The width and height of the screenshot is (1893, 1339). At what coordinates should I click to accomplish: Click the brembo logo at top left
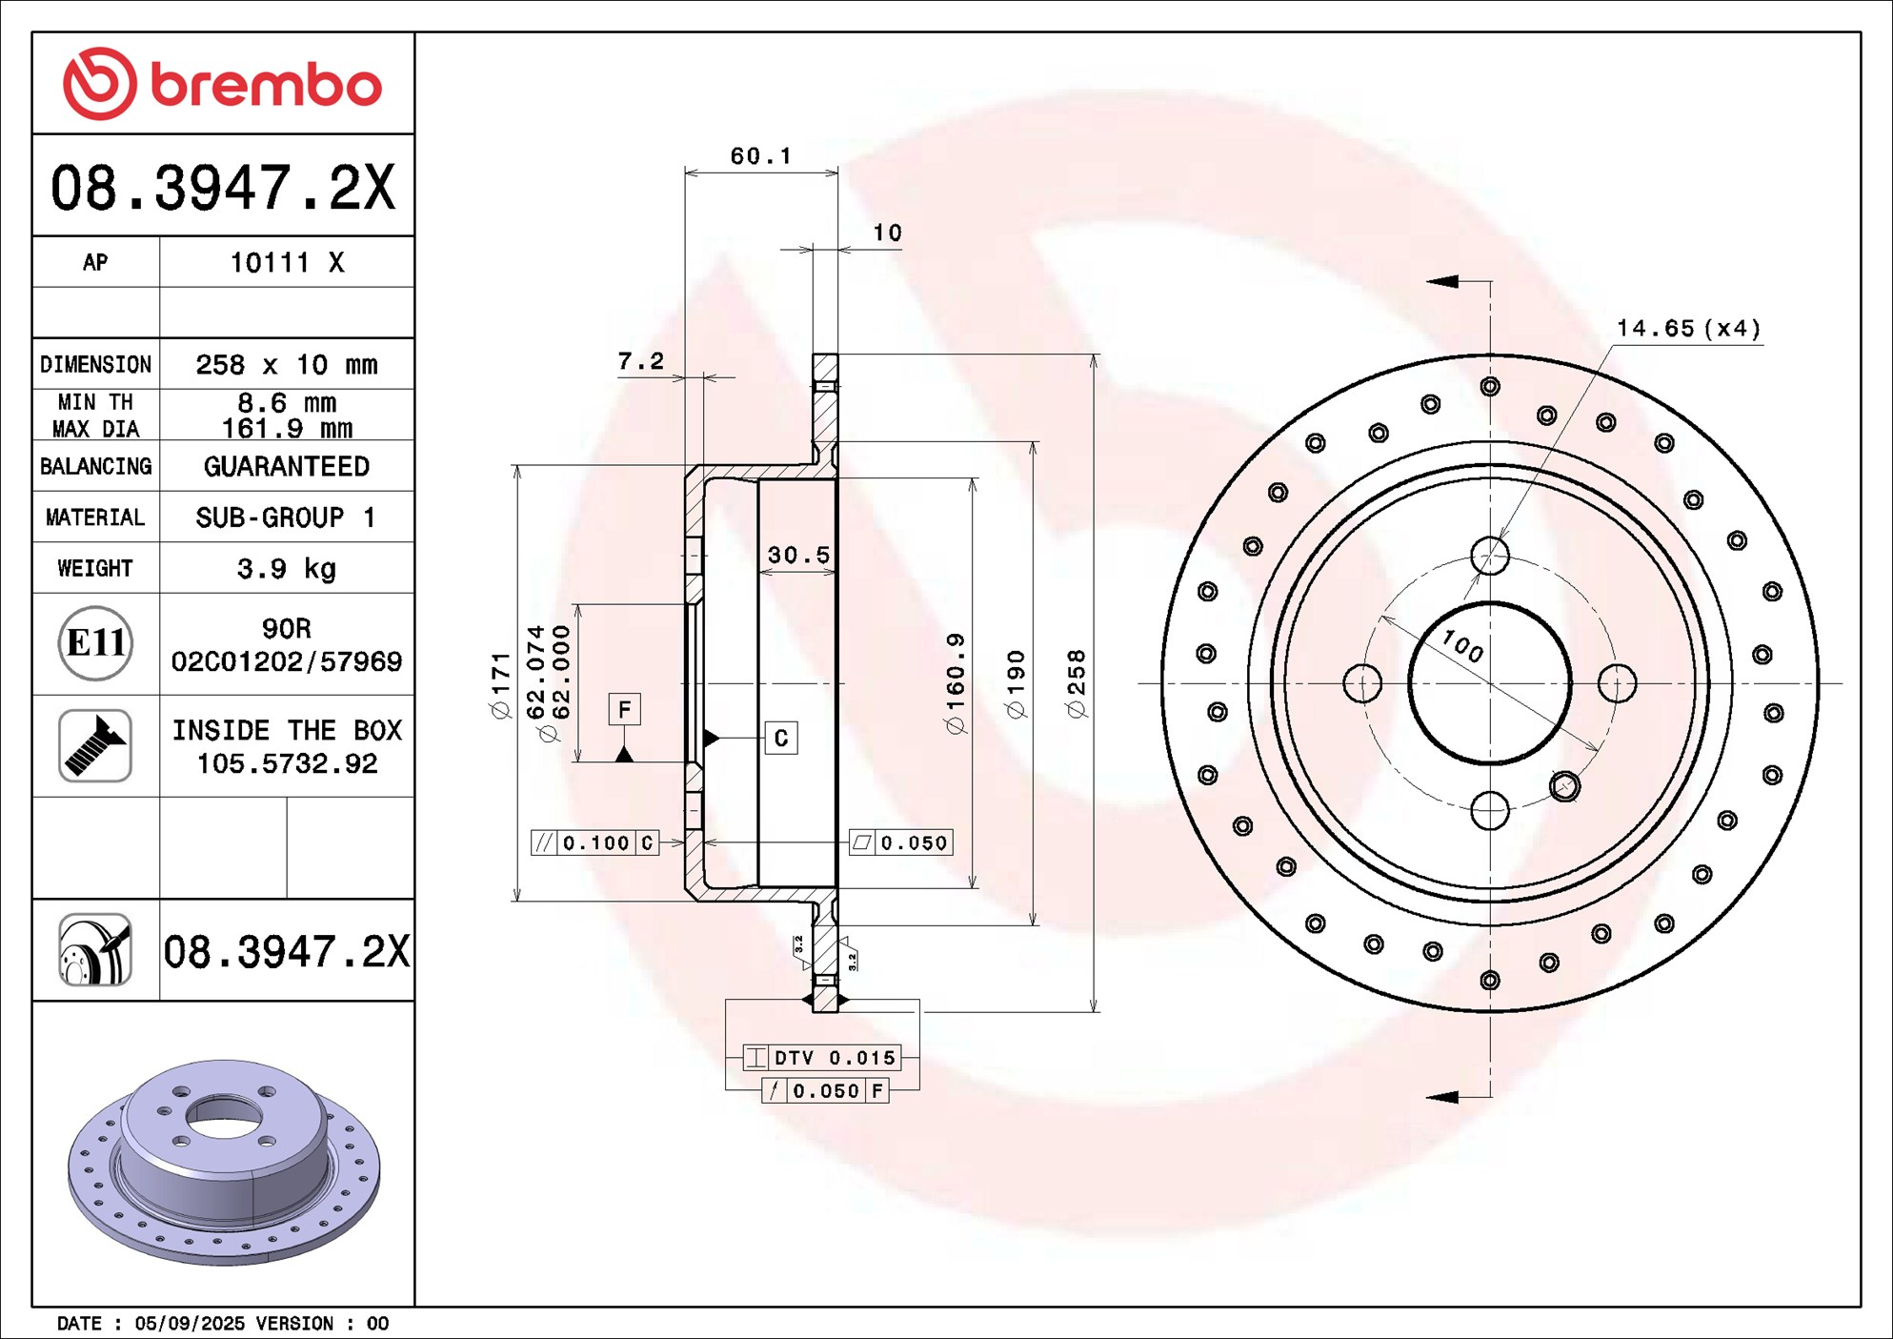point(222,84)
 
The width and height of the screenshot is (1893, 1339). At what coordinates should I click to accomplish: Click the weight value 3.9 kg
point(286,569)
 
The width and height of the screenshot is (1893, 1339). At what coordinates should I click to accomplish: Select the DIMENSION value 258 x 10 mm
point(286,365)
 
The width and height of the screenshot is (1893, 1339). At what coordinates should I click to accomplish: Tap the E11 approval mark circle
point(95,643)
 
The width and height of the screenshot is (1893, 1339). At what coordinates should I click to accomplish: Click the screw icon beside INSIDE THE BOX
point(95,745)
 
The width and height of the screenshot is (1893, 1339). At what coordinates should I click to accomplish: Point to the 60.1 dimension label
point(760,155)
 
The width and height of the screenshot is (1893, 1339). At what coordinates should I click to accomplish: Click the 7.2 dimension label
point(640,361)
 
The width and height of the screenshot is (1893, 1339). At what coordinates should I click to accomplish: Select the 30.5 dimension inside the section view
point(798,555)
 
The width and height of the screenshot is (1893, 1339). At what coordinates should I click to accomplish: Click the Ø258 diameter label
point(1077,683)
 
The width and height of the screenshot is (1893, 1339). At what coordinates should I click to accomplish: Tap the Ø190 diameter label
point(1016,683)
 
